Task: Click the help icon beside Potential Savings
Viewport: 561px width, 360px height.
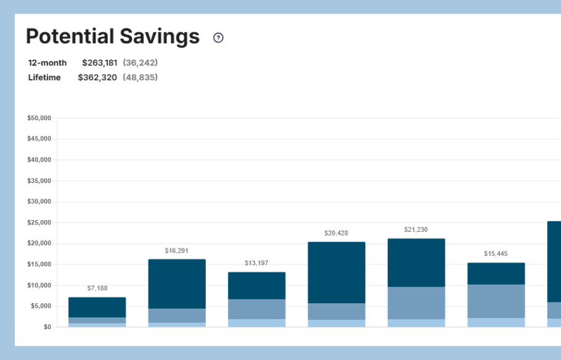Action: (218, 38)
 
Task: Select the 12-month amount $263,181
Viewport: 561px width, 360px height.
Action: (99, 63)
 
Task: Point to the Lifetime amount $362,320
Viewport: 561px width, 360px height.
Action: (97, 78)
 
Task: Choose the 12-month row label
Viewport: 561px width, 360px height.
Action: (47, 63)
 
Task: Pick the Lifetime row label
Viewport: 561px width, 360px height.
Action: (44, 78)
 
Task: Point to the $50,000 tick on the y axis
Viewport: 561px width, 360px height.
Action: (39, 118)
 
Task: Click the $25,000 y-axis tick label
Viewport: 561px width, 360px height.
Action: (39, 223)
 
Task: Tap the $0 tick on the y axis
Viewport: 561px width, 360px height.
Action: (47, 327)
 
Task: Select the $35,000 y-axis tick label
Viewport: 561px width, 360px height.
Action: (39, 181)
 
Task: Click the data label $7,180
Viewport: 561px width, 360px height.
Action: (97, 288)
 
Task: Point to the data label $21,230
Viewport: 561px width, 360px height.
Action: (416, 229)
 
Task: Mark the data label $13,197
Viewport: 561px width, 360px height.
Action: (256, 263)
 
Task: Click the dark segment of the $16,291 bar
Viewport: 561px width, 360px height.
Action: (177, 284)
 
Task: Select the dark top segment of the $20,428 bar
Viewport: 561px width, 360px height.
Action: (337, 272)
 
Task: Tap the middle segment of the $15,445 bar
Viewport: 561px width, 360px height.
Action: (496, 301)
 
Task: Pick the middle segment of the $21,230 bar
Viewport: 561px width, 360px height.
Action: (416, 303)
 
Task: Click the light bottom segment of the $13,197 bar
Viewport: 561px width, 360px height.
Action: (256, 322)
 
